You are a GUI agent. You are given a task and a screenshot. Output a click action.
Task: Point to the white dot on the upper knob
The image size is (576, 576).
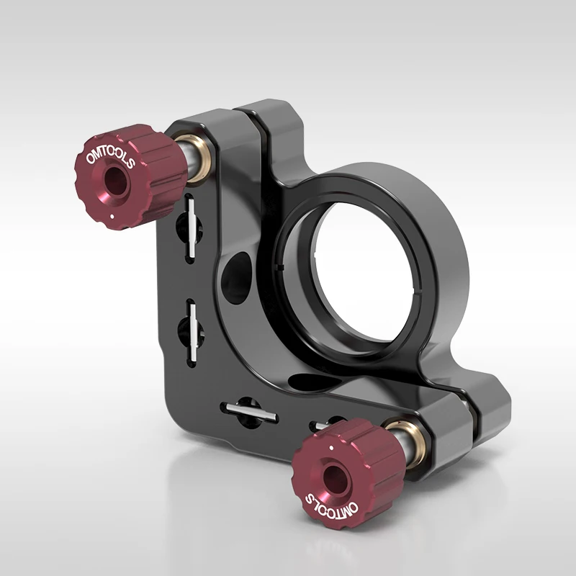click(x=114, y=215)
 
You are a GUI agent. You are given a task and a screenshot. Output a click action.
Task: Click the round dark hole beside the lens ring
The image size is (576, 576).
click(x=237, y=274)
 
